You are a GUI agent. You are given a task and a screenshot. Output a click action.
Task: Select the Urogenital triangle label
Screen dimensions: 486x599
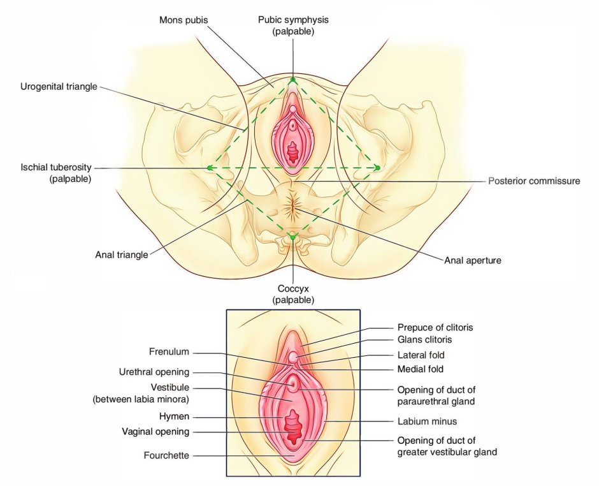click(59, 87)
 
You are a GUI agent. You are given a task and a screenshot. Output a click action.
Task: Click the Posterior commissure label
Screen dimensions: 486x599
click(534, 181)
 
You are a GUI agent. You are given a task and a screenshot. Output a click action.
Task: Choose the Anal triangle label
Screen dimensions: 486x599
click(122, 254)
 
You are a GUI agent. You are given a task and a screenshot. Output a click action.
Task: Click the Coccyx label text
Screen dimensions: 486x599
click(293, 293)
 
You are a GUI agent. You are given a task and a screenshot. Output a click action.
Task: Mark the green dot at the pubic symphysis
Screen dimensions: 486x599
click(292, 80)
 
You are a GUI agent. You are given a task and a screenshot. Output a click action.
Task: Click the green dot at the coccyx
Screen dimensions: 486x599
click(292, 237)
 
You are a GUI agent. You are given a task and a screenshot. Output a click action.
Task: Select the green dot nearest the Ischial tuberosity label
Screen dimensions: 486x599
click(209, 168)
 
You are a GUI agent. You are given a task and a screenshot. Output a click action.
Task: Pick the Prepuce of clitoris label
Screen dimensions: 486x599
click(435, 328)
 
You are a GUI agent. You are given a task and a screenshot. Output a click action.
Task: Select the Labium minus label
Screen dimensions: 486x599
click(427, 421)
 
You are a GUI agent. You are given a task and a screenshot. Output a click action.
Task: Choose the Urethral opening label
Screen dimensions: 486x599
click(154, 372)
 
